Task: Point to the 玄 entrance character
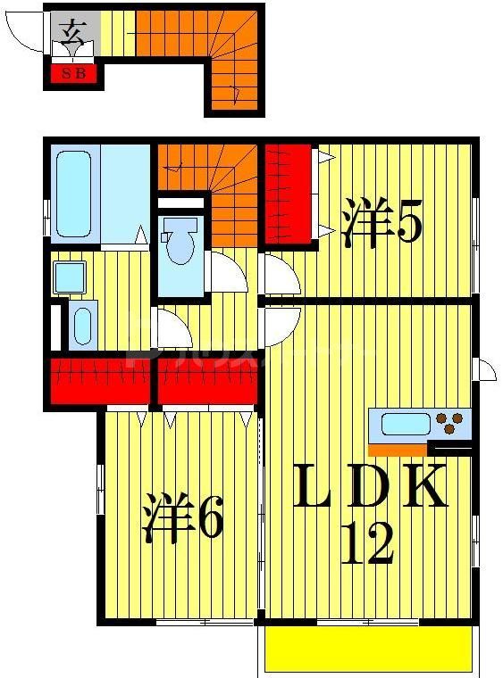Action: pos(72,34)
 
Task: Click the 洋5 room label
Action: pos(381,222)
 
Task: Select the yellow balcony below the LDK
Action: pos(367,648)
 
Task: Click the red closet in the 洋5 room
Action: pos(288,194)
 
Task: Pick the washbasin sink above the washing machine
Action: pos(68,277)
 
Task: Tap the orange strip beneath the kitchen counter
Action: pos(398,449)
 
